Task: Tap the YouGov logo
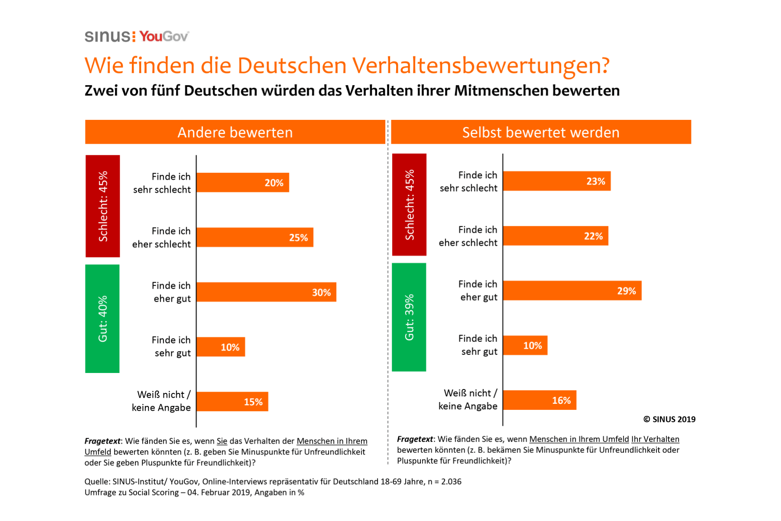point(164,36)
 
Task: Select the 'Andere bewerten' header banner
point(235,132)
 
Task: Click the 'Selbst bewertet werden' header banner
point(541,132)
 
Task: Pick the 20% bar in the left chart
point(243,183)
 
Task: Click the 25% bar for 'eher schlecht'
point(255,237)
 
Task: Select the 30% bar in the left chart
point(266,292)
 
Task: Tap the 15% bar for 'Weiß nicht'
point(232,402)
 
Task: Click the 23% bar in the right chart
point(557,181)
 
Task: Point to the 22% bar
point(555,236)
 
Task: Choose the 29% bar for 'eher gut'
point(572,290)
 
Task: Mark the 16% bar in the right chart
point(539,400)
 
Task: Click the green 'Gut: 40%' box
point(102,319)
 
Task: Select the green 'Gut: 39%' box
point(409,317)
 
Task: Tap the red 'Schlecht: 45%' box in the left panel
point(102,206)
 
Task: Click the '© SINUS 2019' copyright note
point(669,419)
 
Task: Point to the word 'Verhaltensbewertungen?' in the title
point(480,66)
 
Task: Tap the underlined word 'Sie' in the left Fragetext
point(222,441)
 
